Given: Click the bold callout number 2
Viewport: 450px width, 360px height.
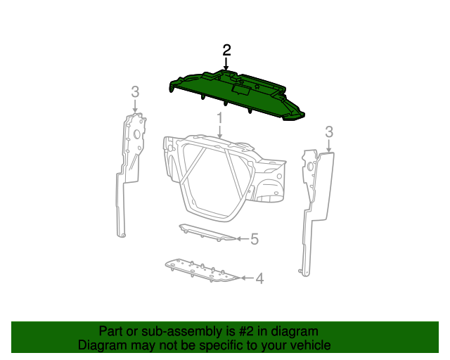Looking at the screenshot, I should tap(226, 50).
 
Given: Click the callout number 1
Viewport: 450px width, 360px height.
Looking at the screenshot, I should tap(219, 117).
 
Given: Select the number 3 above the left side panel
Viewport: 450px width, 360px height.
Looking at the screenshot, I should tap(135, 91).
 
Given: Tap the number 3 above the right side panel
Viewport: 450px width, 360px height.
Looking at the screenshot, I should tap(328, 131).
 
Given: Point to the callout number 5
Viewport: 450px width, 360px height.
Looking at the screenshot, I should tap(255, 239).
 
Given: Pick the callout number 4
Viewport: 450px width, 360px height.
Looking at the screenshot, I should tap(259, 278).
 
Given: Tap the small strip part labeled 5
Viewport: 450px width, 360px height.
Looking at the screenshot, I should tap(207, 233).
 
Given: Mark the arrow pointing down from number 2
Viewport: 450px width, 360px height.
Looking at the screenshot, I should tap(226, 65).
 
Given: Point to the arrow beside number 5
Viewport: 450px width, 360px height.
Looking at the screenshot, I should tap(241, 239).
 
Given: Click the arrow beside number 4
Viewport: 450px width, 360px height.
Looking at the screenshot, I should tap(246, 278).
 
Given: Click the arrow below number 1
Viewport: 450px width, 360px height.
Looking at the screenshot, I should tap(219, 131).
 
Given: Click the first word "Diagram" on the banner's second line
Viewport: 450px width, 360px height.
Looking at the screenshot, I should tap(101, 345).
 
